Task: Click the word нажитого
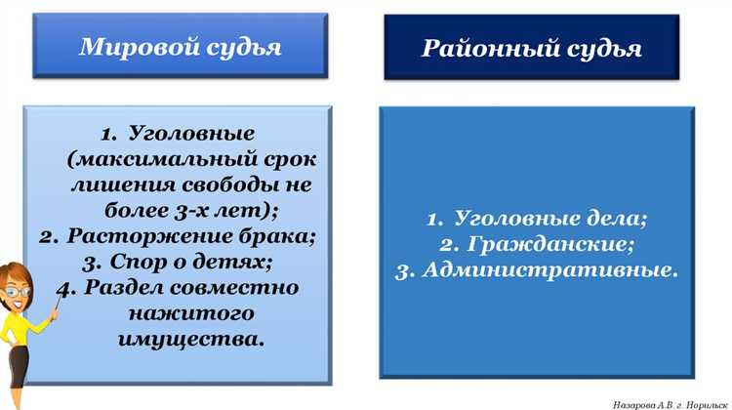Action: [190, 314]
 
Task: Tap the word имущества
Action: [191, 340]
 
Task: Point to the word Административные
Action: [550, 270]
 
